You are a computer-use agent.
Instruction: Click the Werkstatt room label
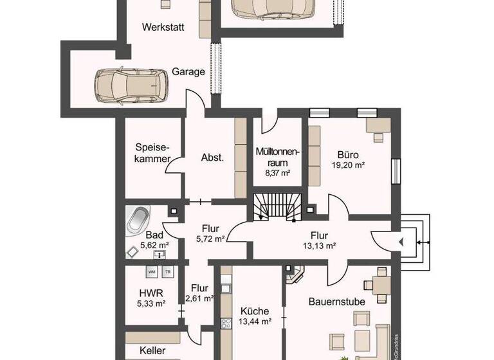click(163, 28)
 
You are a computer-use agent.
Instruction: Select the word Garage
click(188, 72)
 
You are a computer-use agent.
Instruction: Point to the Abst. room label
click(212, 158)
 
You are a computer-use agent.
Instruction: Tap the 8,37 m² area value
click(277, 173)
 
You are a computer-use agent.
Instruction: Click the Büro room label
click(348, 154)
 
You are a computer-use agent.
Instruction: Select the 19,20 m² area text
click(348, 165)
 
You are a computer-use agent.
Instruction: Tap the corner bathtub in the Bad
click(138, 220)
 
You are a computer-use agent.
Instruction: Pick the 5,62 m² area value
click(154, 245)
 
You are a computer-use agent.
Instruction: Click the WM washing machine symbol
click(152, 272)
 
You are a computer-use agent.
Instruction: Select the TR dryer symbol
click(169, 272)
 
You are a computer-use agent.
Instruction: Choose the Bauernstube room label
click(336, 301)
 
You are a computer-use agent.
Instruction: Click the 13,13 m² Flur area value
click(320, 246)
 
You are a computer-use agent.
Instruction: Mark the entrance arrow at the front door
click(401, 242)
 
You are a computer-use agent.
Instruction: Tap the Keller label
click(153, 352)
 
